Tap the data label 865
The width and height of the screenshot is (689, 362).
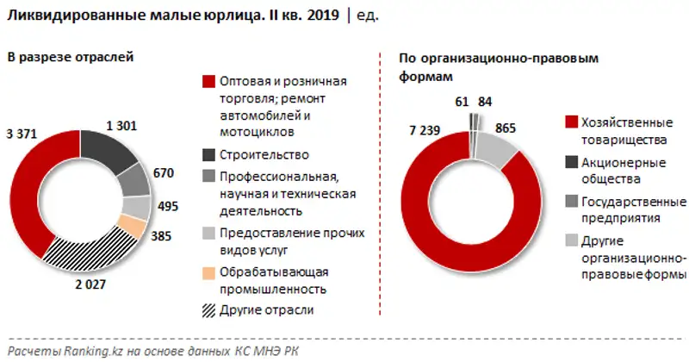[508, 128]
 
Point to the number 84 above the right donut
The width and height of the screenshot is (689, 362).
[486, 102]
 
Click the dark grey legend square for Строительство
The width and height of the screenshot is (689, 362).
[208, 155]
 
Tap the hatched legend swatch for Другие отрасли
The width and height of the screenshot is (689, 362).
[208, 310]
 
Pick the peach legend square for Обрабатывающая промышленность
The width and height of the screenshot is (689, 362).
[208, 272]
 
